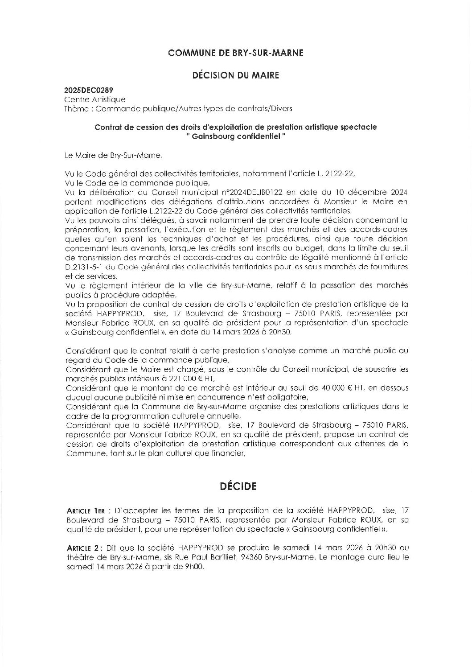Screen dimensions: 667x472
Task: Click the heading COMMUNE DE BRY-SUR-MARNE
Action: [x=236, y=53]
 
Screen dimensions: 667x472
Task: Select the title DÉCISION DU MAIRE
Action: [x=236, y=75]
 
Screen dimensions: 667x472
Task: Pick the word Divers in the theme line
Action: [x=282, y=108]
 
